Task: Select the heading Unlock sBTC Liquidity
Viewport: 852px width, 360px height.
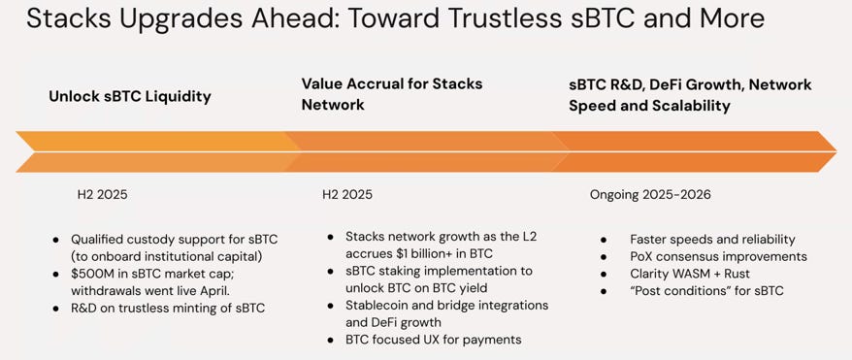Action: [130, 97]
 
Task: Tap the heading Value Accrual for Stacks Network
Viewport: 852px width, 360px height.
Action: [392, 94]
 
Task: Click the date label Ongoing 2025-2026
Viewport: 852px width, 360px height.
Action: [650, 194]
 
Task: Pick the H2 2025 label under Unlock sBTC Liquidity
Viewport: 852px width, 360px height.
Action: [102, 194]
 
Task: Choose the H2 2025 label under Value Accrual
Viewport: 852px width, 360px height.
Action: [347, 194]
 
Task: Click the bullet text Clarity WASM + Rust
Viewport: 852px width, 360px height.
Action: [690, 274]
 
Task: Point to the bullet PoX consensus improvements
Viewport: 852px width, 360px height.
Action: [718, 256]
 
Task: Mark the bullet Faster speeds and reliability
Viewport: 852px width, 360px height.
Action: [712, 240]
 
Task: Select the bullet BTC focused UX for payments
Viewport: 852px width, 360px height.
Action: [434, 340]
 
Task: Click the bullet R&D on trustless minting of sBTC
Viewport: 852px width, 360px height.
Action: [168, 309]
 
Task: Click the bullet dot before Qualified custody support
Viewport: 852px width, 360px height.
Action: [56, 240]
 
